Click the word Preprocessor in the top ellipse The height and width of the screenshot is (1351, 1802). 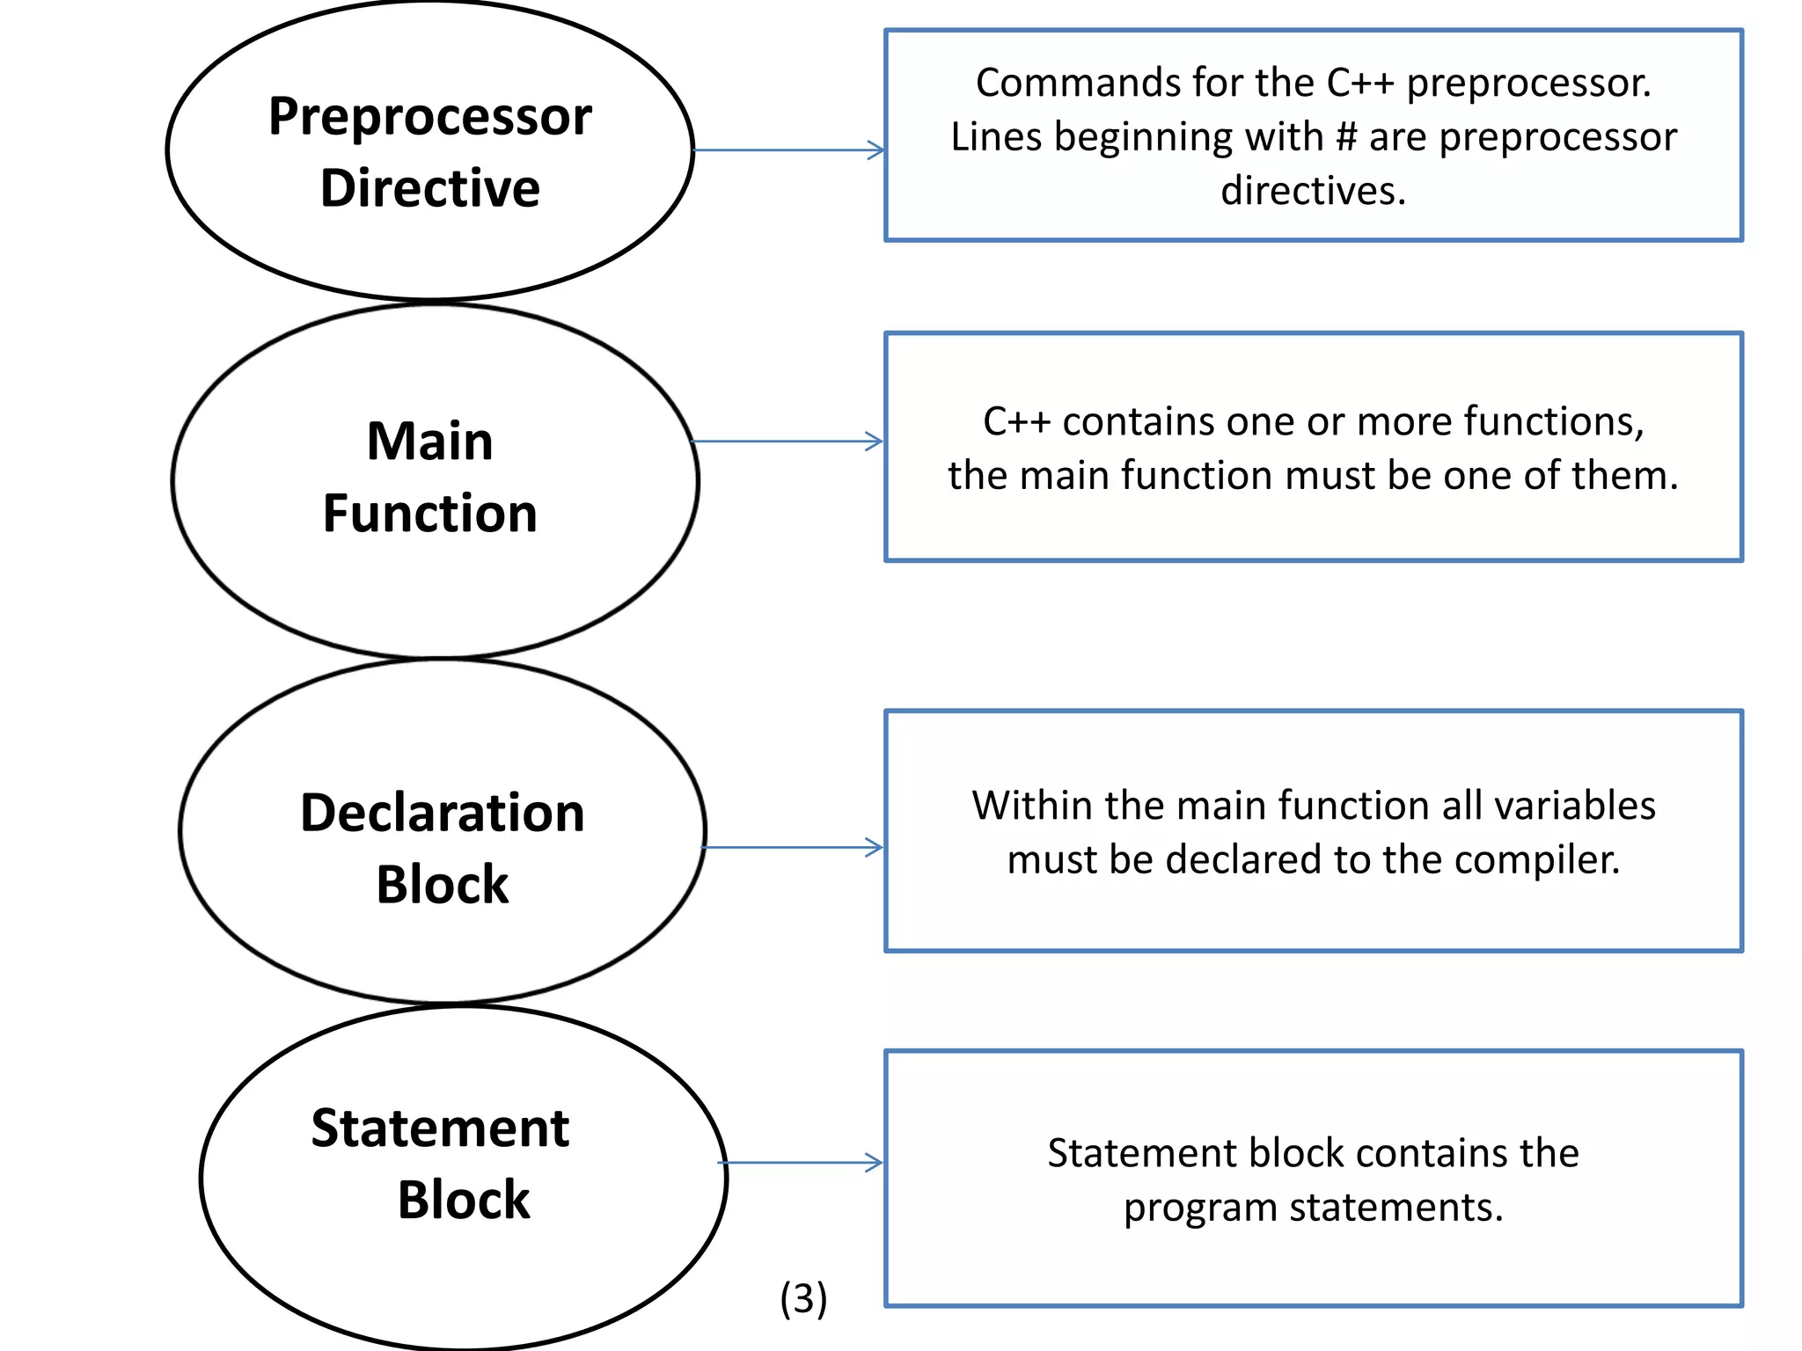[x=429, y=118]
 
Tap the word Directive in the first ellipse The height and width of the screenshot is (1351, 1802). [x=429, y=188]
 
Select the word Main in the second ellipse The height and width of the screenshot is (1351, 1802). [x=429, y=441]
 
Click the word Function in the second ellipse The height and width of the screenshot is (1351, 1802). [x=429, y=514]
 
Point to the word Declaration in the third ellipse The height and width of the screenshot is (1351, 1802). [x=442, y=813]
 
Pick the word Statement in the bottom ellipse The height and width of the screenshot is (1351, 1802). [x=440, y=1128]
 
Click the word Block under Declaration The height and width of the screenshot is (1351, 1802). [x=442, y=885]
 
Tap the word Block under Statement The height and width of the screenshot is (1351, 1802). [x=464, y=1200]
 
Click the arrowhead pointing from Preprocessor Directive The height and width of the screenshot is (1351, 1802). [x=876, y=150]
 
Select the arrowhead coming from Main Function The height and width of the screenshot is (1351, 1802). [x=875, y=442]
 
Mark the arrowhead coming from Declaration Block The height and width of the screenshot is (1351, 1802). [x=875, y=847]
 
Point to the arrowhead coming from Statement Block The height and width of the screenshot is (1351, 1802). [x=875, y=1163]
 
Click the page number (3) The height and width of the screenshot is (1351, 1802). [x=803, y=1299]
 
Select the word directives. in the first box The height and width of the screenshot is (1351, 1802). [x=1313, y=191]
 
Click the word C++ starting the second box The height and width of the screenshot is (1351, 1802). [x=1016, y=421]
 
